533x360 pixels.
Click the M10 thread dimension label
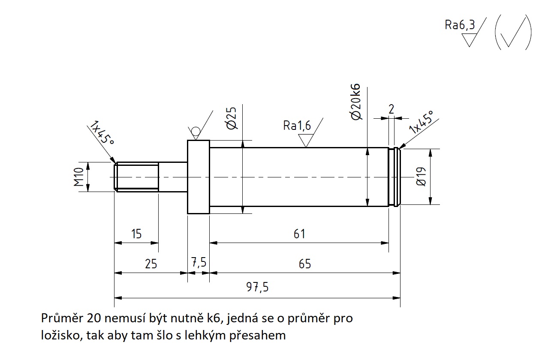pos(78,177)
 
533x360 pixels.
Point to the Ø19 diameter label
pos(421,177)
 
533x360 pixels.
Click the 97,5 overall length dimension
pos(257,287)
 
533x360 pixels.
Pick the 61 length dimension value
pos(299,234)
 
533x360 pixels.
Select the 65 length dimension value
pos(304,264)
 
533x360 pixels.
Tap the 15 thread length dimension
pos(136,234)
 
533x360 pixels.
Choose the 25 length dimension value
pos(151,264)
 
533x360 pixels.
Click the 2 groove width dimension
pos(391,109)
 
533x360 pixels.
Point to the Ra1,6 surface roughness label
pos(297,125)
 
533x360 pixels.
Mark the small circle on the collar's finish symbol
pos(196,131)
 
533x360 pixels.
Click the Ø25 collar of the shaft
pos(198,177)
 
